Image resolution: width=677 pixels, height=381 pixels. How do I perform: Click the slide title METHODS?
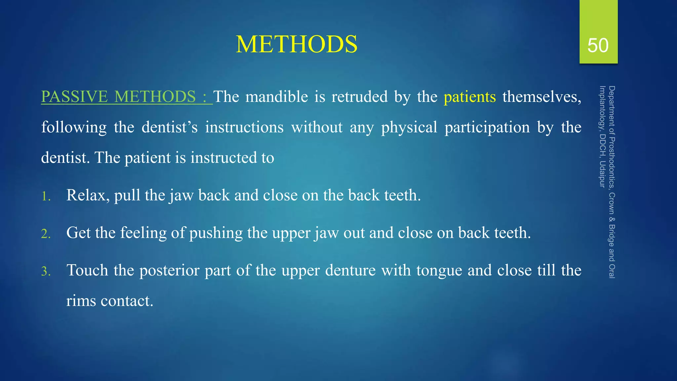(297, 44)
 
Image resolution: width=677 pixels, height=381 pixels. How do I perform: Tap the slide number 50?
(598, 45)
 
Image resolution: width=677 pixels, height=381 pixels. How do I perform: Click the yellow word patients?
(469, 97)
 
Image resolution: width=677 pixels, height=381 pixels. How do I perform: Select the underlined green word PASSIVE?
(74, 97)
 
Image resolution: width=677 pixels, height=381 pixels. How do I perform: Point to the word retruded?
(359, 97)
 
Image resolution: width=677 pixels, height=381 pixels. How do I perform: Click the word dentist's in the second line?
(169, 127)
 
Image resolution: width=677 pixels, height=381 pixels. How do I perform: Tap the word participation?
(487, 127)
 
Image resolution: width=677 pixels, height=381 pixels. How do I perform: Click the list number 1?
(46, 196)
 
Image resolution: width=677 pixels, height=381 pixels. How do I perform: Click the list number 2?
(46, 234)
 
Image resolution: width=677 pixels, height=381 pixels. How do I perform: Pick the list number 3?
(46, 272)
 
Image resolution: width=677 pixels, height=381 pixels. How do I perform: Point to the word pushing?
(216, 233)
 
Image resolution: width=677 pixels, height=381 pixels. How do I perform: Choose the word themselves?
(541, 97)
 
